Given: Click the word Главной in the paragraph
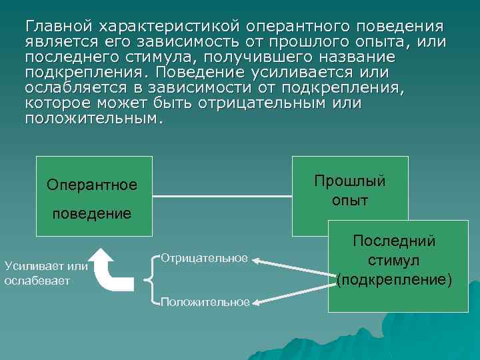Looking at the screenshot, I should click(59, 27).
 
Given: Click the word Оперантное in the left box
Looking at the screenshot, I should click(92, 185).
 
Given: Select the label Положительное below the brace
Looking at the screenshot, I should click(205, 302).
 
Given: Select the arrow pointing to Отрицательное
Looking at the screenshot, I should click(293, 265).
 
